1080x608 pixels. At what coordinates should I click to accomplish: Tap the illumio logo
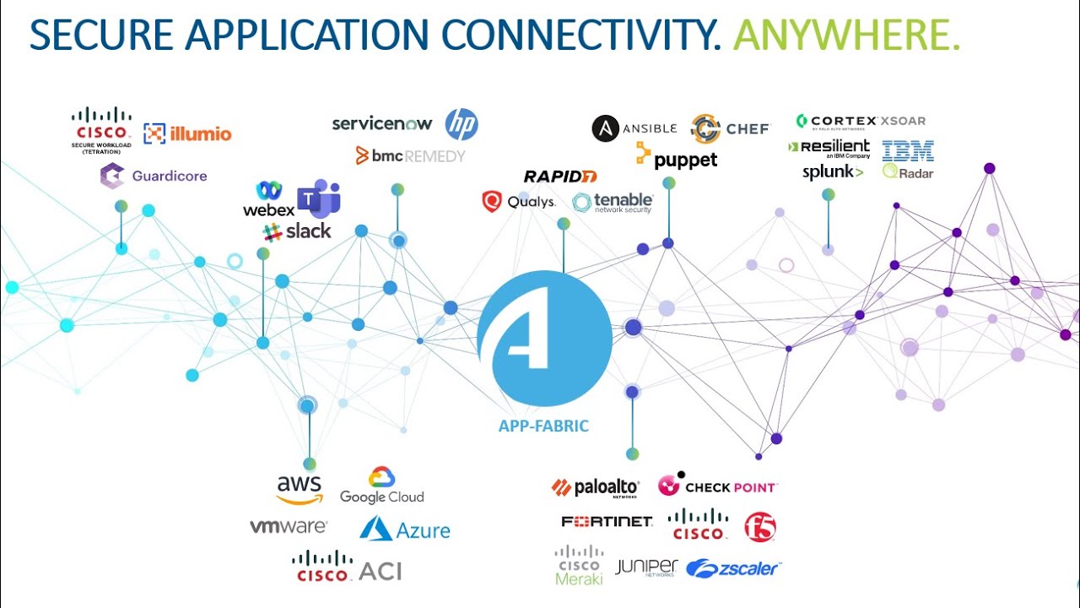coord(187,133)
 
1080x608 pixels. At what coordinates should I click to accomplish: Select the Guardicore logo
coord(154,176)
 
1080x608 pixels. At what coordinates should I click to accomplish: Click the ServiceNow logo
coord(382,124)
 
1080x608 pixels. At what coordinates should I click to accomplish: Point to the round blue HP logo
coord(462,124)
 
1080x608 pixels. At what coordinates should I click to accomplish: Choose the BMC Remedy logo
coord(410,155)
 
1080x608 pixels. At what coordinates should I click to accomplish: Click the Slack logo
coord(297,231)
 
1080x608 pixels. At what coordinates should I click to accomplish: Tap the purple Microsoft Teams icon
coord(318,198)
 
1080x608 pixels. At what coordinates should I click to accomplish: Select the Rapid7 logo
coord(560,176)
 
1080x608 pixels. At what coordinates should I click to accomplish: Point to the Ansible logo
coord(634,128)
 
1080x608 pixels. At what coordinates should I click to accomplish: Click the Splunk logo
coord(833,172)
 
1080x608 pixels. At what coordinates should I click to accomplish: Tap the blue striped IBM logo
coord(908,151)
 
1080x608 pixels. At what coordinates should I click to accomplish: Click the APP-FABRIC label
coord(543,426)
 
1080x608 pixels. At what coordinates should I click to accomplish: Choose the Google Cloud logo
coord(382,486)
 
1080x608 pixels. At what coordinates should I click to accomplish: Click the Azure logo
coord(405,529)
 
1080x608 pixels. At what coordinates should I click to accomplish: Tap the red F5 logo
coord(760,527)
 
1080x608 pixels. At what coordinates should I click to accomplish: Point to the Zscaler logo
coord(733,568)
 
